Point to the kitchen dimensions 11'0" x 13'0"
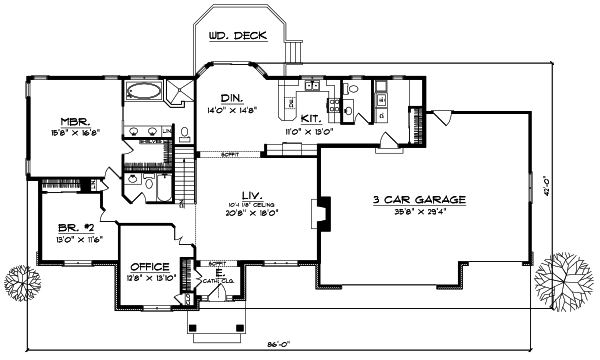(x=308, y=130)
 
